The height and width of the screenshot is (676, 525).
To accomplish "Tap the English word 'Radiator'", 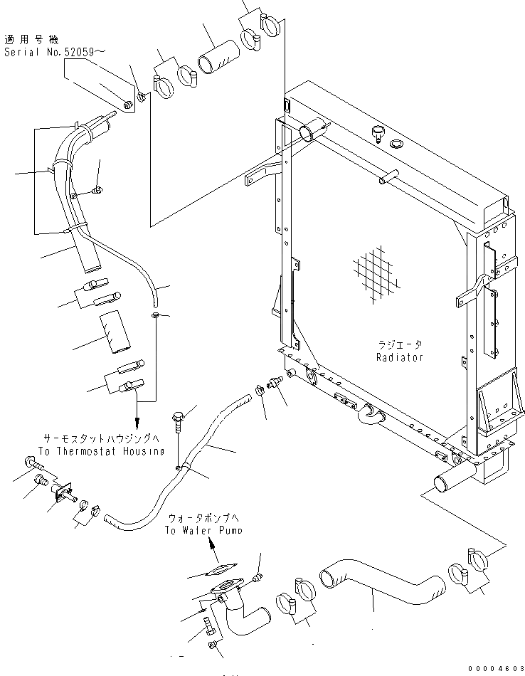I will click(400, 357).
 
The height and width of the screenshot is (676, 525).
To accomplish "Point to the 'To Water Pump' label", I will click(203, 530).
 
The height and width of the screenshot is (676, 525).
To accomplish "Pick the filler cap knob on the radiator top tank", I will click(378, 132).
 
